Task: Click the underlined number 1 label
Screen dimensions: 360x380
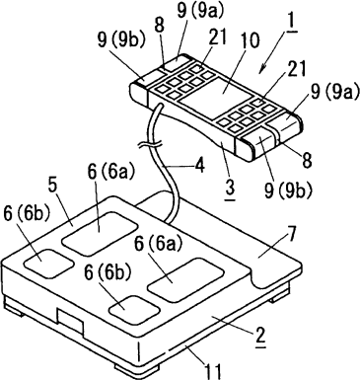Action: coord(291,21)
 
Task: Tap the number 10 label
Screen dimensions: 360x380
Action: coord(250,40)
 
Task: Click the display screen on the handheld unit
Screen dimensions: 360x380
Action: coord(217,95)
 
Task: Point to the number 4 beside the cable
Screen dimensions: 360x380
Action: coord(199,167)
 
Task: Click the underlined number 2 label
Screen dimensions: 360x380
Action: coord(260,337)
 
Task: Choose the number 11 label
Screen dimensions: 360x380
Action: coord(214,371)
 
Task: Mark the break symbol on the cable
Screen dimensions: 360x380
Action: coord(150,145)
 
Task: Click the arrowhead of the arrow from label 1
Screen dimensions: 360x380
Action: coord(262,69)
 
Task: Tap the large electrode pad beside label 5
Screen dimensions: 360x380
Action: coord(100,233)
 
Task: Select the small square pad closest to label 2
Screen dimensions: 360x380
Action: coord(134,310)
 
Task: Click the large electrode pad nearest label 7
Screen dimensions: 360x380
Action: coord(185,279)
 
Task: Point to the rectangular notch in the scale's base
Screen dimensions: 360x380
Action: coord(70,321)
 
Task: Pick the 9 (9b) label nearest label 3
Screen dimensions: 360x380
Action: coord(288,190)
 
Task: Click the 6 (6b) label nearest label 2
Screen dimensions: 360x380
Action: coord(108,273)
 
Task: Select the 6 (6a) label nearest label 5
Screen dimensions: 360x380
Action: coord(111,171)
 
